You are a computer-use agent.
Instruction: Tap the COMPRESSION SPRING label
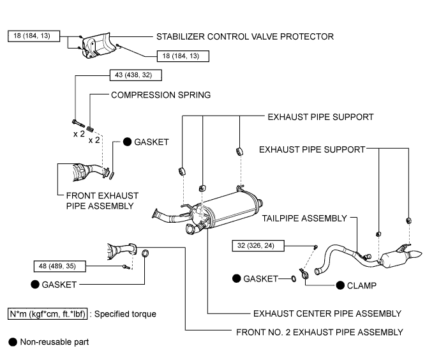coord(161,94)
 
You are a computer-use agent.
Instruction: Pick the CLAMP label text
coord(361,285)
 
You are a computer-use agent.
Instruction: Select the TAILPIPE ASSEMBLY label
coord(304,218)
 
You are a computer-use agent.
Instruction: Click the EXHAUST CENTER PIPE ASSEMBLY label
coord(327,313)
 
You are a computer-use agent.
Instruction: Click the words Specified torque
coord(128,314)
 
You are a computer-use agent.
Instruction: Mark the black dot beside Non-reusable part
coord(12,342)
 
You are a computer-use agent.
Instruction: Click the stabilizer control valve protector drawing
coord(96,47)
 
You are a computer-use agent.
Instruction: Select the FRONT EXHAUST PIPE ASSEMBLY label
coord(102,200)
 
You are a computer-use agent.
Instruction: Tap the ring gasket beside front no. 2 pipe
coord(146,254)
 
